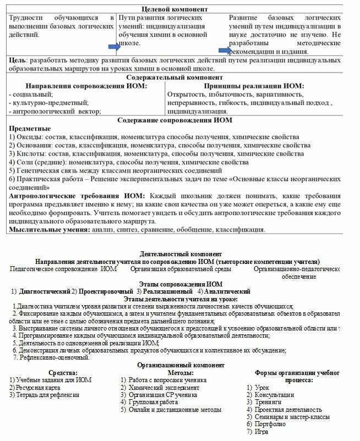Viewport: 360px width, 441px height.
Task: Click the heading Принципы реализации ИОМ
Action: click(x=254, y=86)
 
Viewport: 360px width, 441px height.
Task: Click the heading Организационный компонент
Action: click(x=180, y=365)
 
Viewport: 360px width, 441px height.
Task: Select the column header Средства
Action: click(x=48, y=372)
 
